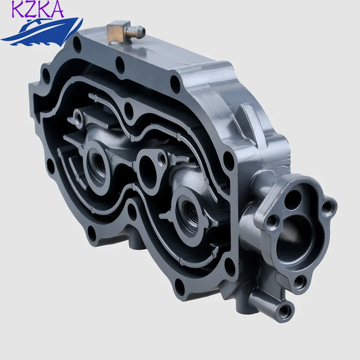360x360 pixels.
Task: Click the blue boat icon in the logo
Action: coord(40,30)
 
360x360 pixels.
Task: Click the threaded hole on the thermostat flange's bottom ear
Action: coord(299,282)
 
